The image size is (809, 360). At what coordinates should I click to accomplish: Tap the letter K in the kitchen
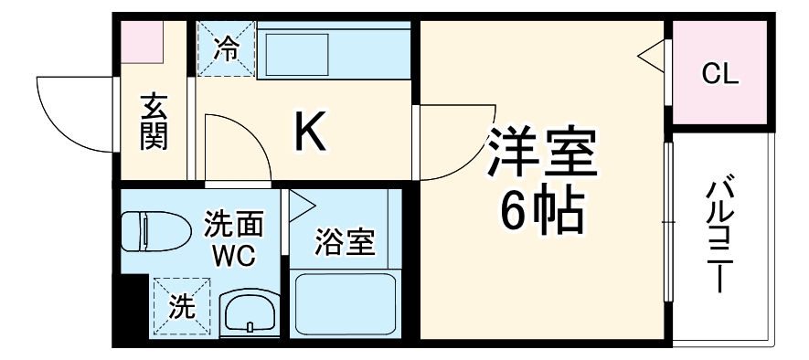coord(309,133)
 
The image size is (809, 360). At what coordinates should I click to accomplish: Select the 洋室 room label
coord(542,154)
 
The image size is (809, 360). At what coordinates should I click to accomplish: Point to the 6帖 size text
coord(541,211)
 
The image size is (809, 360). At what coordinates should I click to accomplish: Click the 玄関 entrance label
coord(154,122)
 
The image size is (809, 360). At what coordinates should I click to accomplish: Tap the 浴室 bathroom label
coord(346,244)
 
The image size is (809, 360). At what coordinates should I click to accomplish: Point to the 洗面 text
coord(234,223)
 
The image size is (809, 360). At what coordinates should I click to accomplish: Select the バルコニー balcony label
coord(719,237)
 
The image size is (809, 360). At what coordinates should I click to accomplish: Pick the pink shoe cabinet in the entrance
coord(143,40)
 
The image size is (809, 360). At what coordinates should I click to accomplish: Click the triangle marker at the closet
coord(653,57)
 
